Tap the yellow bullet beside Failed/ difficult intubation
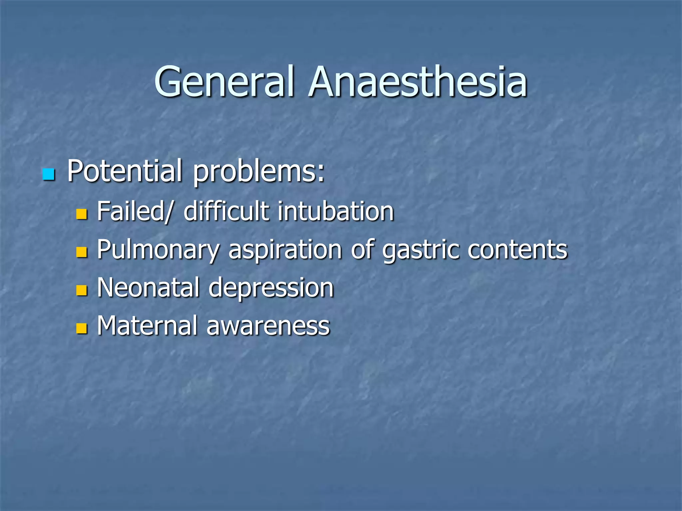[x=82, y=214]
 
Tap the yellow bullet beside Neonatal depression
[x=82, y=290]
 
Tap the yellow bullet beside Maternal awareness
[x=82, y=328]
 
